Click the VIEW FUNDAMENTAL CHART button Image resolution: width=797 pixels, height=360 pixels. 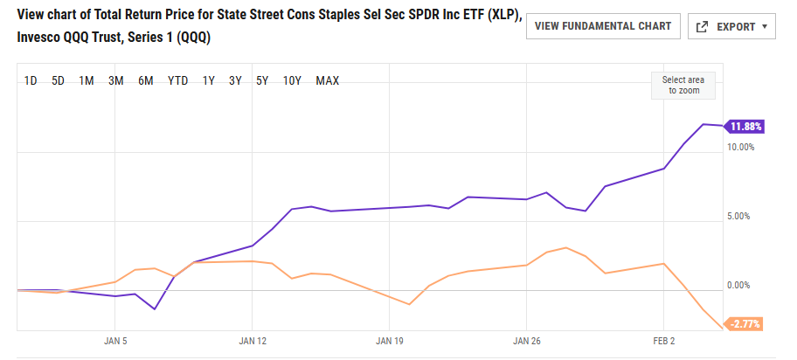click(x=602, y=26)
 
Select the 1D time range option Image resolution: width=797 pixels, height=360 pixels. click(x=31, y=81)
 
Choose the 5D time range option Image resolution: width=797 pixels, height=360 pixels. click(x=59, y=81)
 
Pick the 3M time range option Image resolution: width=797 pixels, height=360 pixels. click(x=115, y=81)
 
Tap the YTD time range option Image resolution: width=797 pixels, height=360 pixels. click(x=177, y=81)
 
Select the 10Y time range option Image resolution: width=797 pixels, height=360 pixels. click(x=292, y=81)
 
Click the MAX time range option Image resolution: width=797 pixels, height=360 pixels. click(x=328, y=81)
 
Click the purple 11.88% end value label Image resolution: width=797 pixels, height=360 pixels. click(x=745, y=127)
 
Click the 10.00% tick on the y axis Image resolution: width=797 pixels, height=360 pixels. click(x=740, y=147)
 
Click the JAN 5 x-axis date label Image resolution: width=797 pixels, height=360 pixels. click(x=115, y=341)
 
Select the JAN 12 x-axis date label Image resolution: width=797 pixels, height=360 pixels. click(x=252, y=341)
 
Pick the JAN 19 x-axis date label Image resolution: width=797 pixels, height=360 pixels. click(x=389, y=341)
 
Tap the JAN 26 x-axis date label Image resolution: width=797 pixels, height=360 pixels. click(x=526, y=341)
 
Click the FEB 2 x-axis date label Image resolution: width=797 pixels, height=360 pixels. click(x=663, y=341)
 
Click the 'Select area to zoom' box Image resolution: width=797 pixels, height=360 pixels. click(x=683, y=85)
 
